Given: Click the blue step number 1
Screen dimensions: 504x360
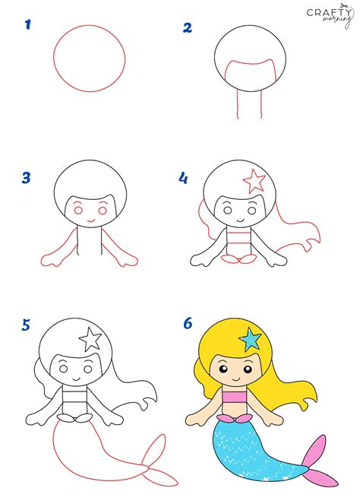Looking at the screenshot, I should coord(28,26).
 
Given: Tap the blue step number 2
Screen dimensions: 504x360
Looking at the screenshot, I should coord(188,29).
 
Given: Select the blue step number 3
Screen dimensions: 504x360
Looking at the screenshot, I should coord(27,179).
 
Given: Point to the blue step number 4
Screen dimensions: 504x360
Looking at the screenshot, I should coord(183,179).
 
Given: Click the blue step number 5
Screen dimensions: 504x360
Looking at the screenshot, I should coord(27,325).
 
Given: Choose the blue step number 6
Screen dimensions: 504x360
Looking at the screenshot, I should coord(188,324).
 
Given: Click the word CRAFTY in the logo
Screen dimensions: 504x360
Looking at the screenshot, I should coord(327,13).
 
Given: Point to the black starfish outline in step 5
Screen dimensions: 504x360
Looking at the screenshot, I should coord(91,338).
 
